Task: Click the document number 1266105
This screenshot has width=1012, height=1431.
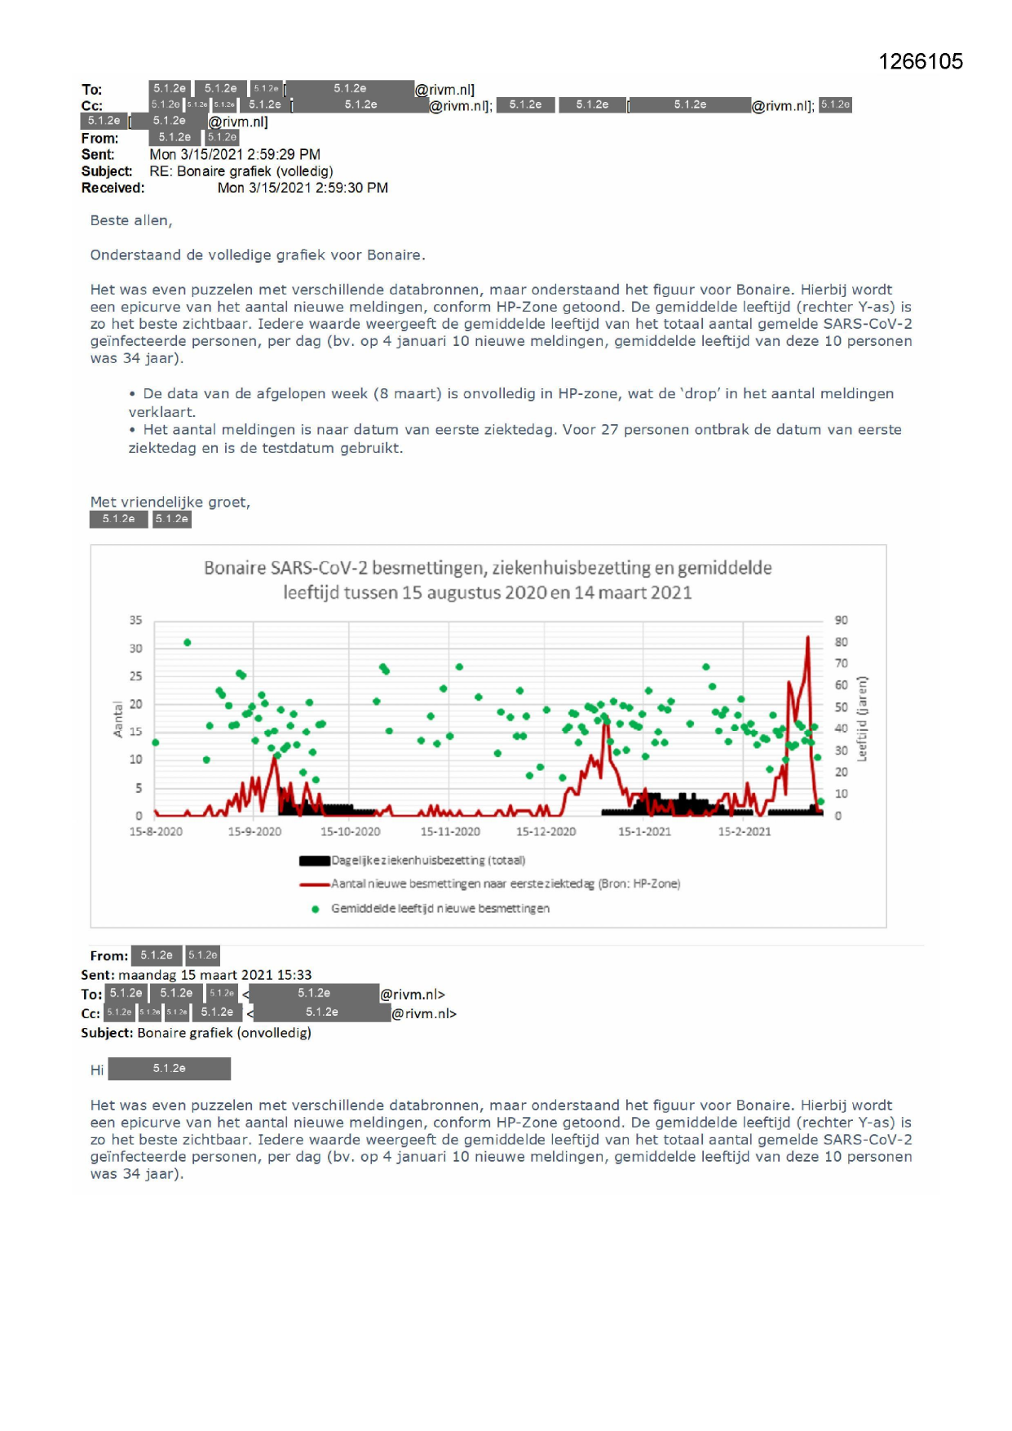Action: (920, 62)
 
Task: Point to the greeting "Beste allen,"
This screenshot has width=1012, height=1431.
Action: (131, 220)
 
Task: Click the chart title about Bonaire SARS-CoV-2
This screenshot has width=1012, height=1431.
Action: (488, 580)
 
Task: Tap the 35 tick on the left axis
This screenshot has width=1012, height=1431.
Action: (135, 620)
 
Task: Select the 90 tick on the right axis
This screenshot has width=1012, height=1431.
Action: (841, 620)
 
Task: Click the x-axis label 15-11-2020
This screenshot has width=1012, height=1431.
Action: (450, 831)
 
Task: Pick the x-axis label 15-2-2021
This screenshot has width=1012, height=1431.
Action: (744, 831)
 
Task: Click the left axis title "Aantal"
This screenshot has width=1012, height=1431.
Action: (118, 719)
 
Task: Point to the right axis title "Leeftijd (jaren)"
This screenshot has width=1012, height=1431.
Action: (862, 719)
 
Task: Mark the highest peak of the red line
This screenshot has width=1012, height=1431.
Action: (808, 637)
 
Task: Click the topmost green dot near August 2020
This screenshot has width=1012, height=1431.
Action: (188, 642)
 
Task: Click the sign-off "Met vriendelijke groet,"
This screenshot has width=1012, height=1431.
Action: (170, 502)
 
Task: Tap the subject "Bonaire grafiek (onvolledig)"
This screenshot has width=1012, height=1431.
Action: (223, 1033)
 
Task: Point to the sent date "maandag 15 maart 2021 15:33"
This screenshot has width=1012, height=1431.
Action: (214, 975)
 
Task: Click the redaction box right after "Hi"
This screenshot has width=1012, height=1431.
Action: (169, 1069)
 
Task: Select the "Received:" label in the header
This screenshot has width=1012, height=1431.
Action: (113, 188)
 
